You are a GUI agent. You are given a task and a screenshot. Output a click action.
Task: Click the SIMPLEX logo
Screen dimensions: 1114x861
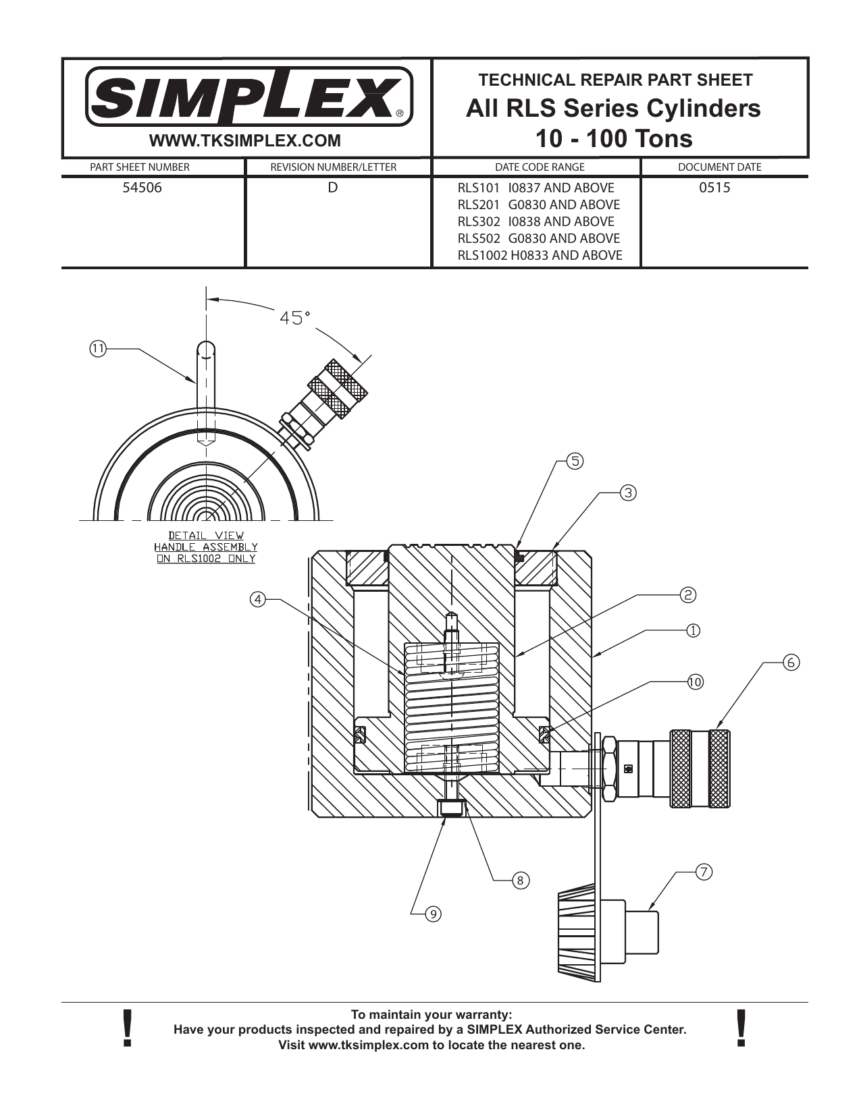(248, 96)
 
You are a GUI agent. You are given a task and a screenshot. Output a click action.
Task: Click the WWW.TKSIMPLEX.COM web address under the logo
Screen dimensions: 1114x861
(244, 141)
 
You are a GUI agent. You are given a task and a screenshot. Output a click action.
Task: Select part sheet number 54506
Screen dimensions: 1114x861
(142, 188)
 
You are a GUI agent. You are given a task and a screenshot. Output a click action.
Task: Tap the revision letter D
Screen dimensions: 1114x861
(332, 188)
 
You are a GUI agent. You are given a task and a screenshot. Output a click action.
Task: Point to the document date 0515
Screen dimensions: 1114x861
(714, 188)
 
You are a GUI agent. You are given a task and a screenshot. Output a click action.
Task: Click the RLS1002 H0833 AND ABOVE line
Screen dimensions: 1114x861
(540, 255)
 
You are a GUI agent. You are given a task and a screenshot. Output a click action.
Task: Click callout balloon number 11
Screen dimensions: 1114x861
(98, 349)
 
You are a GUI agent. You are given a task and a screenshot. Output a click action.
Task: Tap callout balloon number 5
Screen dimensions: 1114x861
(574, 462)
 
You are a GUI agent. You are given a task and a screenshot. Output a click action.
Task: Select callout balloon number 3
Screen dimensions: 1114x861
(627, 493)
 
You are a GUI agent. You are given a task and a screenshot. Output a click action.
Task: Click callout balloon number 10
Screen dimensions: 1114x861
(695, 681)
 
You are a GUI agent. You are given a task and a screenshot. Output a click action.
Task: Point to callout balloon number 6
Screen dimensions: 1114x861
(791, 662)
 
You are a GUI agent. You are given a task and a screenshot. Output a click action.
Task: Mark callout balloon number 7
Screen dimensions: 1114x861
(704, 872)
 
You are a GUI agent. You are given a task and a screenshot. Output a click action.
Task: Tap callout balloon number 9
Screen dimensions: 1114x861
(433, 914)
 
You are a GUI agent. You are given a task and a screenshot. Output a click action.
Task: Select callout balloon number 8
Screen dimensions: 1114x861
(520, 880)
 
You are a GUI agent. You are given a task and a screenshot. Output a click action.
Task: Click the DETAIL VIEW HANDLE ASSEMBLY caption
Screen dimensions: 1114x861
(206, 547)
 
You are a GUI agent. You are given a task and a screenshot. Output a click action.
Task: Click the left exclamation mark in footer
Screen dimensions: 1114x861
(126, 1029)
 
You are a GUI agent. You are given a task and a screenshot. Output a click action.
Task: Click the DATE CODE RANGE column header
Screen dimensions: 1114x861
(540, 167)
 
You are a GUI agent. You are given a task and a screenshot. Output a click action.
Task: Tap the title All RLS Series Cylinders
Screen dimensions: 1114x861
(613, 108)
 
